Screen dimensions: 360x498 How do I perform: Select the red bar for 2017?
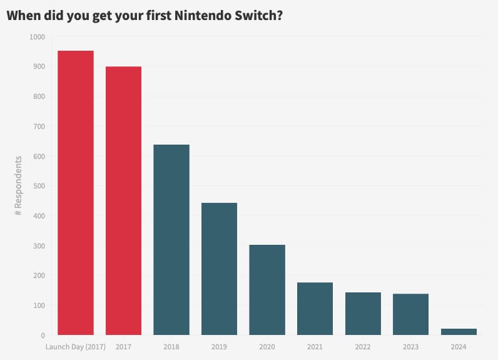click(x=123, y=200)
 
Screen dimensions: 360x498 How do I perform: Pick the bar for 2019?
click(x=219, y=269)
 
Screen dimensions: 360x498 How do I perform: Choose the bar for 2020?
click(x=267, y=290)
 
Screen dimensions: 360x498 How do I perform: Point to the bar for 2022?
click(x=363, y=314)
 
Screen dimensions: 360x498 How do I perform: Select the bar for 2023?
click(x=410, y=314)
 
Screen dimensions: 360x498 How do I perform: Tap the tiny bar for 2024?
click(x=459, y=332)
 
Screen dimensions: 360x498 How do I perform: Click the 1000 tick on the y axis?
click(x=37, y=37)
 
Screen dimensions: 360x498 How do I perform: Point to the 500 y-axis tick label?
click(x=39, y=186)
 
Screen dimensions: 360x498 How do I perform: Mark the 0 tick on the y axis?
click(x=43, y=336)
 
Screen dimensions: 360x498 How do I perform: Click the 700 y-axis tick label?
click(x=39, y=126)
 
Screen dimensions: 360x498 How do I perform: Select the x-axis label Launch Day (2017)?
click(x=76, y=346)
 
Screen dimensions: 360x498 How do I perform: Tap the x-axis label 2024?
click(x=459, y=346)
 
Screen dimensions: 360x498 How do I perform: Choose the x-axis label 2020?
click(x=267, y=346)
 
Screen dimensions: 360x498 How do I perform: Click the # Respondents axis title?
click(x=19, y=186)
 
